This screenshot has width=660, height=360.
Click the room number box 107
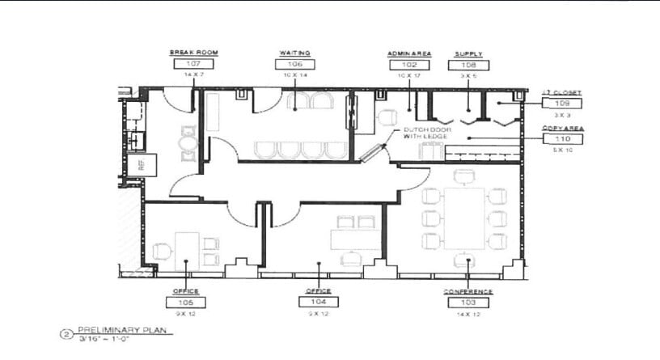pos(193,63)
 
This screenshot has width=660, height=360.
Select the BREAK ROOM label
pos(193,53)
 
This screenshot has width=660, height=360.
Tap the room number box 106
pos(295,63)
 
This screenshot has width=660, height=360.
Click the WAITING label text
pos(295,53)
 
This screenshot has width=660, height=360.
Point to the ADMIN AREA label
pos(409,53)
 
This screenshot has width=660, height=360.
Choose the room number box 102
pos(409,64)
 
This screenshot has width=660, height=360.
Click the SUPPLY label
pos(468,53)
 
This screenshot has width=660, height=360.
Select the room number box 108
pos(468,64)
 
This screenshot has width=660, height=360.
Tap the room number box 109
pos(562,104)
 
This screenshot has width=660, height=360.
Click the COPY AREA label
pos(562,128)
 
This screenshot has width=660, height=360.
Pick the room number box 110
pos(562,139)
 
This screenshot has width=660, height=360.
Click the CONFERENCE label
pos(468,291)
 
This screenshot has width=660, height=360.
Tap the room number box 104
pos(319,302)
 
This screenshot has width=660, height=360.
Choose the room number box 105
pos(186,302)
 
